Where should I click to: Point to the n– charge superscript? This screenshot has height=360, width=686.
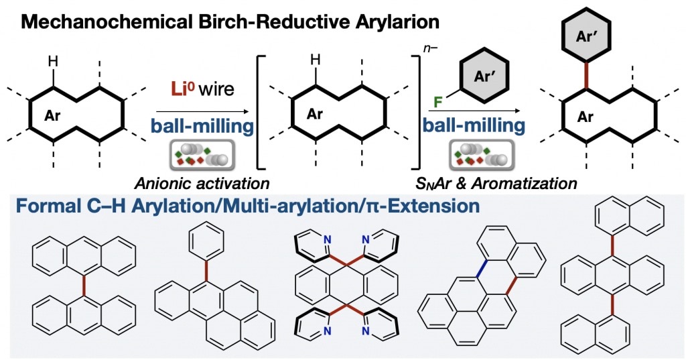pyautogui.click(x=431, y=49)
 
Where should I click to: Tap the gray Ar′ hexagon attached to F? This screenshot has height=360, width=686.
pyautogui.click(x=483, y=77)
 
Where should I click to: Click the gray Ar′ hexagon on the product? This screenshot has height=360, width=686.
pyautogui.click(x=586, y=37)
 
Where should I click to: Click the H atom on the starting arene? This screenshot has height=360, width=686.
pyautogui.click(x=53, y=61)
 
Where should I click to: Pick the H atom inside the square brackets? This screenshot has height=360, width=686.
pyautogui.click(x=315, y=60)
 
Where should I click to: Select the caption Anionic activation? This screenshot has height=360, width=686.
pyautogui.click(x=202, y=184)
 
